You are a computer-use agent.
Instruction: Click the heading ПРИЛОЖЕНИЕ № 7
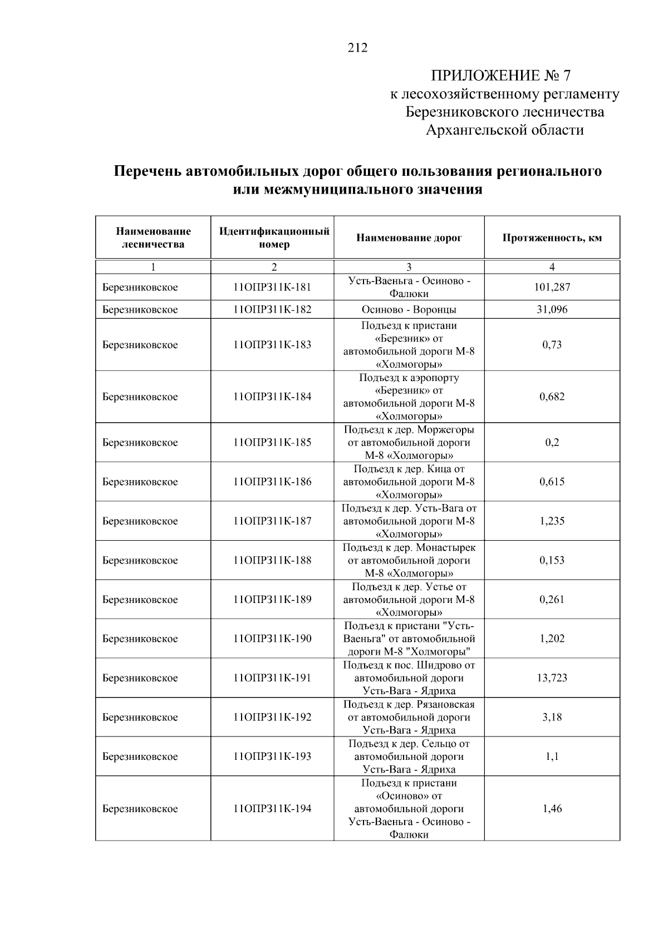point(501,76)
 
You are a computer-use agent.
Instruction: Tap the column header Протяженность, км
point(552,238)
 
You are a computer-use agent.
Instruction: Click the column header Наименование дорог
point(409,238)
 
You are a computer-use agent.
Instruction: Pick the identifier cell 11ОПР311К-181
point(272,288)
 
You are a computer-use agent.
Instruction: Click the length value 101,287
point(552,288)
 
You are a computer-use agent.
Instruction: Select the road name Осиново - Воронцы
point(409,310)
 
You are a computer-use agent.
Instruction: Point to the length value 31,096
point(552,310)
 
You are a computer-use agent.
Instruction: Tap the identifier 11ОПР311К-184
point(272,397)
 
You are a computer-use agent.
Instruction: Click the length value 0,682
point(552,397)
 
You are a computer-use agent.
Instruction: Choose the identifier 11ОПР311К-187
point(272,521)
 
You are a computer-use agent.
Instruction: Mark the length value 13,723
point(552,678)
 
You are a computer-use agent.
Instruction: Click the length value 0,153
point(552,561)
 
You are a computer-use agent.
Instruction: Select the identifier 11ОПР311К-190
point(272,639)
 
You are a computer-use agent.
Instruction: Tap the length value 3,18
point(552,718)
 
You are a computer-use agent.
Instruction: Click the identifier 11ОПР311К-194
point(272,809)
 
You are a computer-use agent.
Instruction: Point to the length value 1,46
point(552,809)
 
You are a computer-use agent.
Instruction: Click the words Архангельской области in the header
point(504,130)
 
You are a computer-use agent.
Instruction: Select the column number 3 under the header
point(409,267)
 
